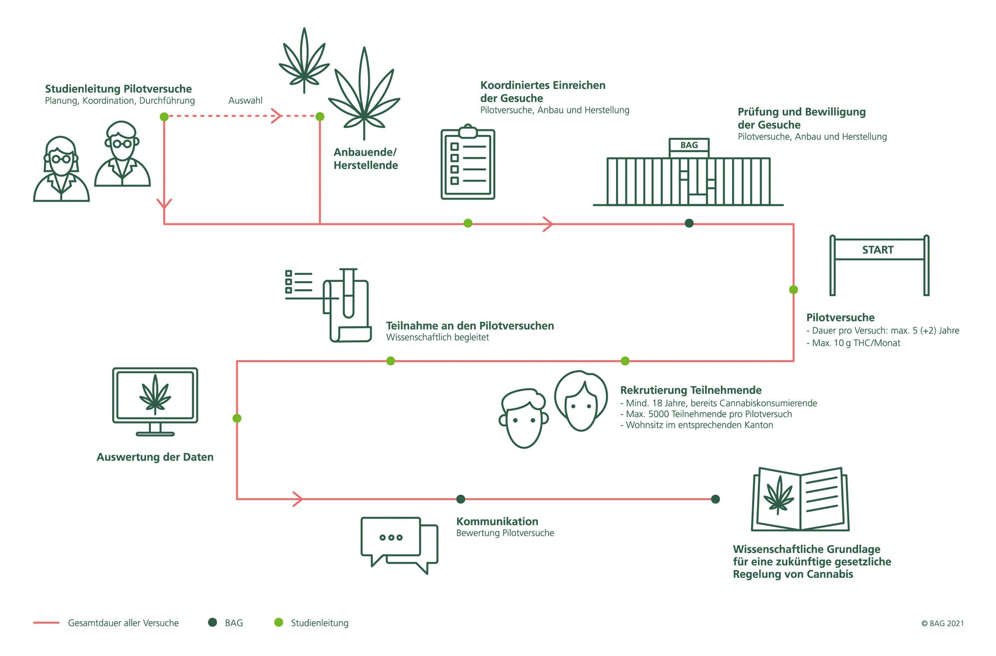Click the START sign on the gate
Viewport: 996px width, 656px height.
[x=878, y=250]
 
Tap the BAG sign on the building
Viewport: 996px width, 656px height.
[x=689, y=145]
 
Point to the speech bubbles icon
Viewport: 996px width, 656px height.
[x=399, y=545]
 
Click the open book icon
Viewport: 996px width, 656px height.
[x=800, y=500]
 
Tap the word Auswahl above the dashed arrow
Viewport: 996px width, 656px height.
[x=246, y=101]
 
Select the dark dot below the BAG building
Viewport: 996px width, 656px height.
[x=689, y=223]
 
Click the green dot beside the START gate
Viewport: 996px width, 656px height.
[x=793, y=290]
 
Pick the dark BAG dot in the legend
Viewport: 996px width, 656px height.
[x=213, y=622]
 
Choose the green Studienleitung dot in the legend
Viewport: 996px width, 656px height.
[x=279, y=622]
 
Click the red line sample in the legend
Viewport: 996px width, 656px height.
[x=46, y=623]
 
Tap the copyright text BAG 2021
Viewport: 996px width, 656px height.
[x=942, y=623]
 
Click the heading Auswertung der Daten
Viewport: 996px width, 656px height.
[x=155, y=457]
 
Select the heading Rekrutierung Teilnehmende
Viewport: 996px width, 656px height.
[x=691, y=390]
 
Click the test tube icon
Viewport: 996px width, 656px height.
[x=348, y=294]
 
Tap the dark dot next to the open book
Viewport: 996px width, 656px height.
[x=716, y=499]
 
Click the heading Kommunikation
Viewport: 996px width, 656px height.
[x=497, y=521]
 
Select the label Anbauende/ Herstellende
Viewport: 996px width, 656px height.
[x=366, y=159]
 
